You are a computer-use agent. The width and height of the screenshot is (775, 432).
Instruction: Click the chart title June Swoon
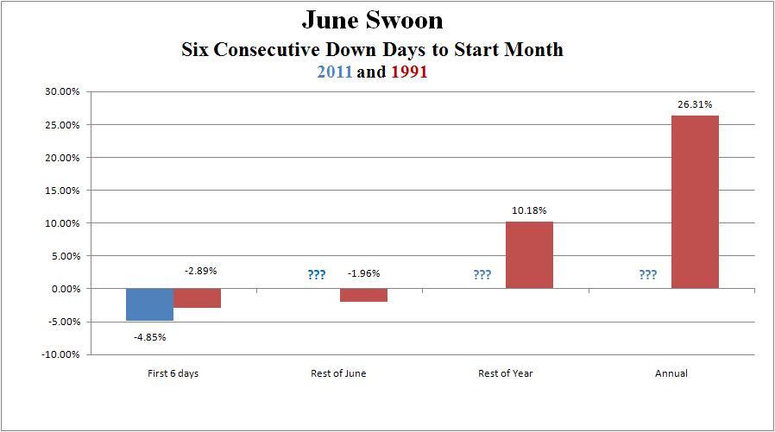(x=371, y=19)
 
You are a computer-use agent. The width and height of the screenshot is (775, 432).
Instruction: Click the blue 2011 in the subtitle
(x=334, y=72)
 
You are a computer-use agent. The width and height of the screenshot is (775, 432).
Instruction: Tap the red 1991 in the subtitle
(x=409, y=72)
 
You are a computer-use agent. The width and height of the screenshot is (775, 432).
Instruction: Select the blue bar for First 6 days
(x=149, y=304)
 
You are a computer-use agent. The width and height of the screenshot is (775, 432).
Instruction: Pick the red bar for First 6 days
(x=197, y=298)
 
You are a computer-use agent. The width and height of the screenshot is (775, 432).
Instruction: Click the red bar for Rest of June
(x=363, y=295)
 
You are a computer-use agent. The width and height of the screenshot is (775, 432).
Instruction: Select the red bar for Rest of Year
(x=529, y=255)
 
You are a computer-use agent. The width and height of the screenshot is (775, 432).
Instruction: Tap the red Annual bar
(x=695, y=202)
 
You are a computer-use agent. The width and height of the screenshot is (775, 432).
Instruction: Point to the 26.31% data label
(x=695, y=104)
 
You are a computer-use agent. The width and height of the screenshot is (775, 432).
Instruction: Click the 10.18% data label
(x=529, y=210)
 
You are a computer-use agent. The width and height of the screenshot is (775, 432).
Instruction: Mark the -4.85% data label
(x=149, y=336)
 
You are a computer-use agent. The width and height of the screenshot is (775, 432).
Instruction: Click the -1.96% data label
(x=363, y=273)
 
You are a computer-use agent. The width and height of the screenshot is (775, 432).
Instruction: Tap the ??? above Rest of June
(x=317, y=275)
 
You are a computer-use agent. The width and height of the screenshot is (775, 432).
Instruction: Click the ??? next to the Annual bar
(x=647, y=275)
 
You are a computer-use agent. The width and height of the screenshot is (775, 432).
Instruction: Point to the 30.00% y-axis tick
(x=61, y=92)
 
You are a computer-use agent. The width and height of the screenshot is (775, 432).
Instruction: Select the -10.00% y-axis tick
(x=60, y=354)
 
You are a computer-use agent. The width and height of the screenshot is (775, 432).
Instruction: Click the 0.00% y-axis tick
(x=63, y=289)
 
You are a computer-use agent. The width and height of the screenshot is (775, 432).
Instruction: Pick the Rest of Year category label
(x=506, y=373)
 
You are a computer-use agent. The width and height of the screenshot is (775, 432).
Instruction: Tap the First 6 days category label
(x=173, y=373)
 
